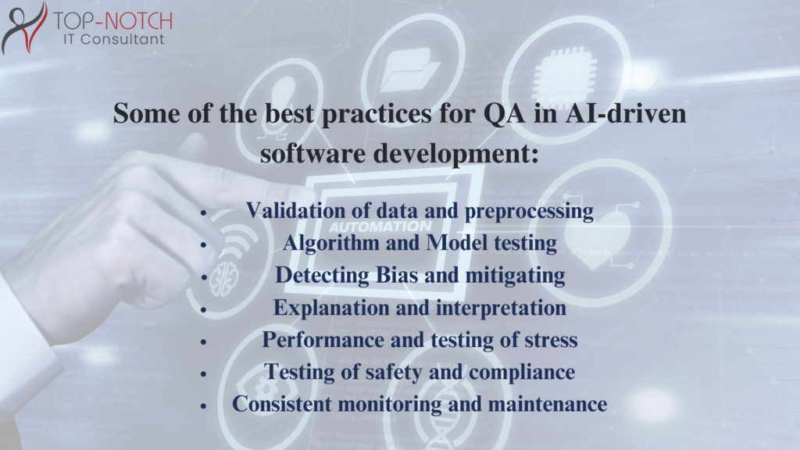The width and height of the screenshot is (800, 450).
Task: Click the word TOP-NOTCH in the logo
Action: [112, 21]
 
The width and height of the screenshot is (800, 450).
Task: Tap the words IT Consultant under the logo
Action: [114, 39]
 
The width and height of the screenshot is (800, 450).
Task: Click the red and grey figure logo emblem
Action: [24, 27]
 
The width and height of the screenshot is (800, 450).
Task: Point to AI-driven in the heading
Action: [626, 112]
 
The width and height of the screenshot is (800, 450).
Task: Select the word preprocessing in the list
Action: [529, 212]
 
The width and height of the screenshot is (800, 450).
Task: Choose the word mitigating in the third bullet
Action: [516, 276]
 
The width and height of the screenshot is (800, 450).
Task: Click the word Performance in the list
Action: [323, 340]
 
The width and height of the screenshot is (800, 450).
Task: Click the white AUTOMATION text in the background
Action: [380, 227]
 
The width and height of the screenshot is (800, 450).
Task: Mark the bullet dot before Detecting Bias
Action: [204, 277]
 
